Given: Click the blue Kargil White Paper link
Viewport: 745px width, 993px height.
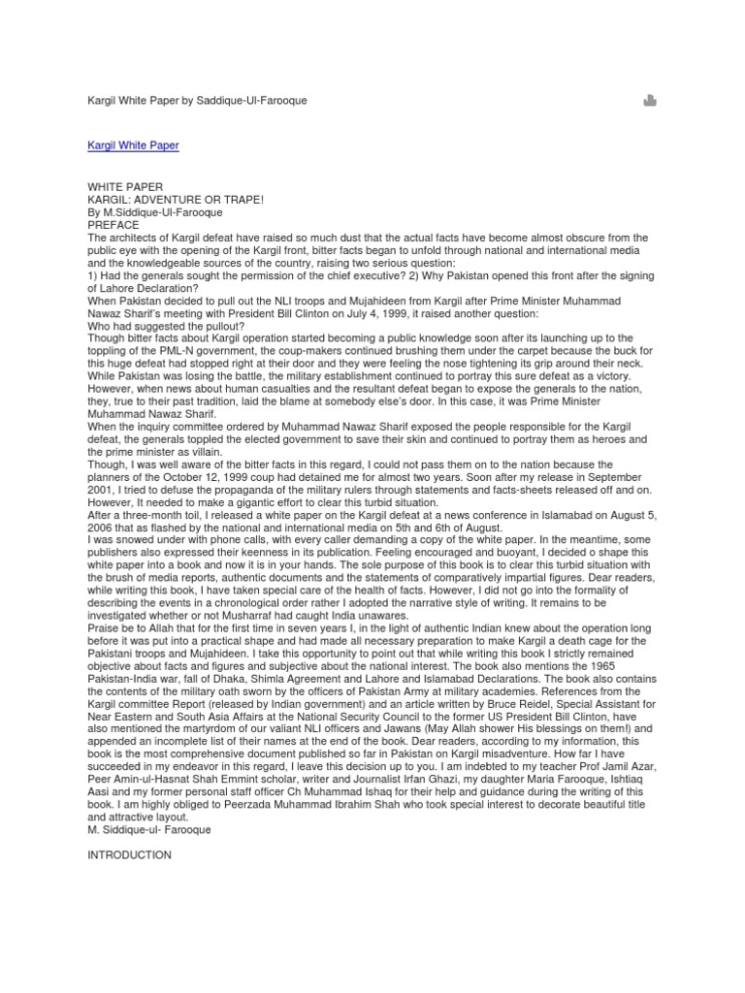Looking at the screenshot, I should click(133, 145).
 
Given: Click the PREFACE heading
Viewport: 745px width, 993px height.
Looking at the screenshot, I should click(114, 224).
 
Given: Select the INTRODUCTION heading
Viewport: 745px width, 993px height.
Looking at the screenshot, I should click(129, 854).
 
